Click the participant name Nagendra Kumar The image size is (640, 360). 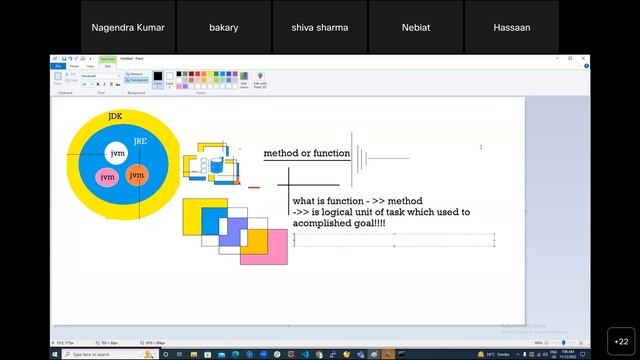pyautogui.click(x=129, y=27)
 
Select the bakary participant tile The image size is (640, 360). pyautogui.click(x=224, y=27)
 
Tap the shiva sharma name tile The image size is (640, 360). pyautogui.click(x=320, y=27)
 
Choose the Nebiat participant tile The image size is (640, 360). pyautogui.click(x=415, y=27)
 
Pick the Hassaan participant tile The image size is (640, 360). pyautogui.click(x=511, y=27)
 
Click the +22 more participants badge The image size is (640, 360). pyautogui.click(x=619, y=341)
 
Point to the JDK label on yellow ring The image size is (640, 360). pyautogui.click(x=115, y=117)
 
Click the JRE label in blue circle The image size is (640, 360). pyautogui.click(x=140, y=142)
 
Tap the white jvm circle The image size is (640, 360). pyautogui.click(x=118, y=154)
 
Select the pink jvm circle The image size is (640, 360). pyautogui.click(x=107, y=177)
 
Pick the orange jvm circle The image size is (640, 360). pyautogui.click(x=137, y=175)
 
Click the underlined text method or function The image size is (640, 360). pyautogui.click(x=306, y=154)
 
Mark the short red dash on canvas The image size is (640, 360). pyautogui.click(x=254, y=187)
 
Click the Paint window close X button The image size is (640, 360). pyautogui.click(x=584, y=58)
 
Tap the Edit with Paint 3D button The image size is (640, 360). pyautogui.click(x=259, y=81)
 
